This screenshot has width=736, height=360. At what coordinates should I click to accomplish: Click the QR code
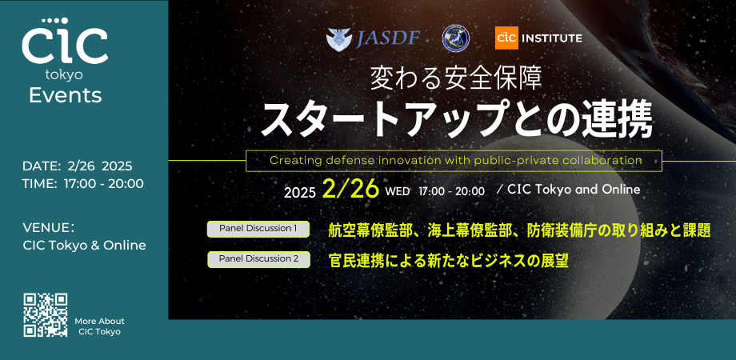click(x=45, y=314)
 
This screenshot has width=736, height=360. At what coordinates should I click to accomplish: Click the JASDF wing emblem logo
click(x=339, y=38)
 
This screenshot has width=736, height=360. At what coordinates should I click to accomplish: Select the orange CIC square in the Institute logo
click(x=506, y=38)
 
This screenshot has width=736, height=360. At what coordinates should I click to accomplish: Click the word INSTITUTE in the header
click(x=552, y=38)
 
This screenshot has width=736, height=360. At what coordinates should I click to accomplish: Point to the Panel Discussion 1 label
click(x=258, y=229)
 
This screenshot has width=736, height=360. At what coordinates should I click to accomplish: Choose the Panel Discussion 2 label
click(x=258, y=259)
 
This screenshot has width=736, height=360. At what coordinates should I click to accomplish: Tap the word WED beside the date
click(x=398, y=192)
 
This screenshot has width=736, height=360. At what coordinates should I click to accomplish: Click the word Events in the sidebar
click(x=65, y=95)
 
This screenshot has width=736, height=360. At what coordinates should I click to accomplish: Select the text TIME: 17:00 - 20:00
click(x=83, y=184)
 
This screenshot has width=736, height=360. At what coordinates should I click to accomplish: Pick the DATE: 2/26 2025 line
click(x=78, y=166)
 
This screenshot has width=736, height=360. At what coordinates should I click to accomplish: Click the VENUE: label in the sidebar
click(x=49, y=227)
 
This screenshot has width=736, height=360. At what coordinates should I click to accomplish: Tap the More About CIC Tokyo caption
click(x=100, y=326)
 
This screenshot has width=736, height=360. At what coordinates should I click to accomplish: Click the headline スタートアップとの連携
click(x=457, y=118)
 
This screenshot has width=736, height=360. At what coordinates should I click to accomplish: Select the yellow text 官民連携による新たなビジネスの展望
click(x=448, y=260)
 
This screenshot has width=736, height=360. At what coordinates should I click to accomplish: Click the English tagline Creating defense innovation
click(x=455, y=160)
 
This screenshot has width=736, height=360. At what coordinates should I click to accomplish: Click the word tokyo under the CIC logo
click(x=65, y=74)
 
